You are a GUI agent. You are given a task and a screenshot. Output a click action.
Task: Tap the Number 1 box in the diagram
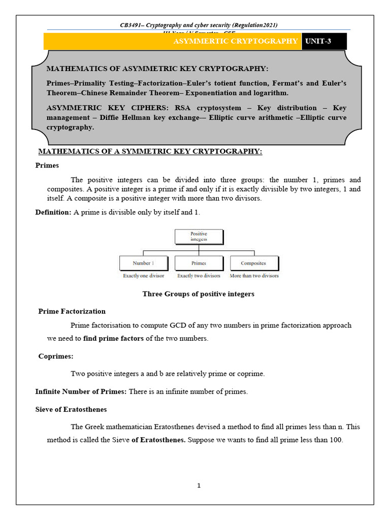(x=143, y=263)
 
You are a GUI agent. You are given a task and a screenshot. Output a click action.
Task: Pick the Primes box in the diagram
(x=199, y=263)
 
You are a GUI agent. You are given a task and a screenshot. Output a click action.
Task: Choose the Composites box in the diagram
(x=253, y=263)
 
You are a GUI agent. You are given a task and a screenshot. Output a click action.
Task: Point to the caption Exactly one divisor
(x=143, y=276)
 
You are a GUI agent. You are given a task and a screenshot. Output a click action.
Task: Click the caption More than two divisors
(x=254, y=276)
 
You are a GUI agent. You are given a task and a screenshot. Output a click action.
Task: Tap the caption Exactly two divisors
(x=199, y=276)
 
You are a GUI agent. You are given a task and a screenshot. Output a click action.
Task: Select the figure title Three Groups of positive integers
(x=198, y=294)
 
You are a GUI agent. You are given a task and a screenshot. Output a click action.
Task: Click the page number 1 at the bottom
(x=199, y=485)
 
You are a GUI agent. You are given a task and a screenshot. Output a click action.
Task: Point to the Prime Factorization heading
(x=72, y=311)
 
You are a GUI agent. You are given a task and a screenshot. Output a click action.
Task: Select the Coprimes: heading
(x=56, y=356)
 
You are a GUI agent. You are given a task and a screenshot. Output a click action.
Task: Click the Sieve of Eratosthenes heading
(x=71, y=409)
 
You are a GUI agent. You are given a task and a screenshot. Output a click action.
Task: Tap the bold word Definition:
(x=53, y=212)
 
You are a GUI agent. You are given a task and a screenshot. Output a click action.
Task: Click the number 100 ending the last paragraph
(x=336, y=440)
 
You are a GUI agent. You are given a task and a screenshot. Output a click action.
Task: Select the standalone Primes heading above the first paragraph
(x=47, y=166)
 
